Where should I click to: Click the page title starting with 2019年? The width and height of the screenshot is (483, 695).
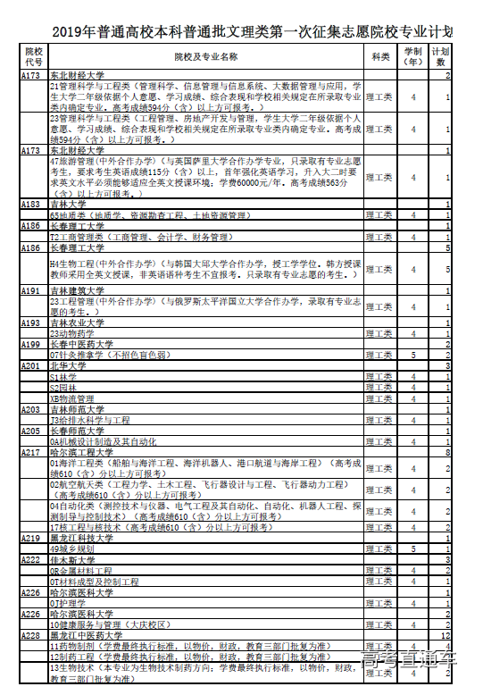tap(241, 33)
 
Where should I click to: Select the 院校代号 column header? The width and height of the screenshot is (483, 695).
tap(34, 57)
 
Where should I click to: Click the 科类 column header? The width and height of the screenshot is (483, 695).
tap(380, 57)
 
